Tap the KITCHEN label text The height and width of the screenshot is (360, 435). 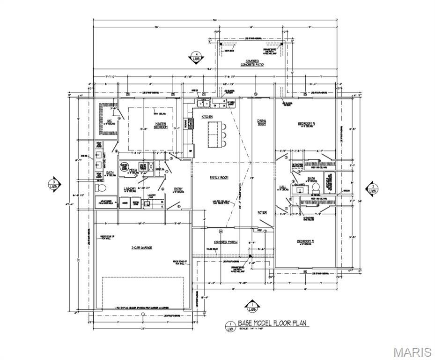[207, 117]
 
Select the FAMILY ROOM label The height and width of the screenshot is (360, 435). [219, 178]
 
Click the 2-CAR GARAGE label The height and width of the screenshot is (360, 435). [141, 247]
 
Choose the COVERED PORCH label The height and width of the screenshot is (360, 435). [226, 242]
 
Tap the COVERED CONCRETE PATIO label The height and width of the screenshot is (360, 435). [251, 63]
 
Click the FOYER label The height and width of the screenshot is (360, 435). [262, 212]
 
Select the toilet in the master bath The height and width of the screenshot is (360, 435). [100, 188]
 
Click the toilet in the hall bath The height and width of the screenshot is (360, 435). [316, 186]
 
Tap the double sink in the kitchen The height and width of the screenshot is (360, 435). [205, 101]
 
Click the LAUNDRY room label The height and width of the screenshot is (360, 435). [130, 189]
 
